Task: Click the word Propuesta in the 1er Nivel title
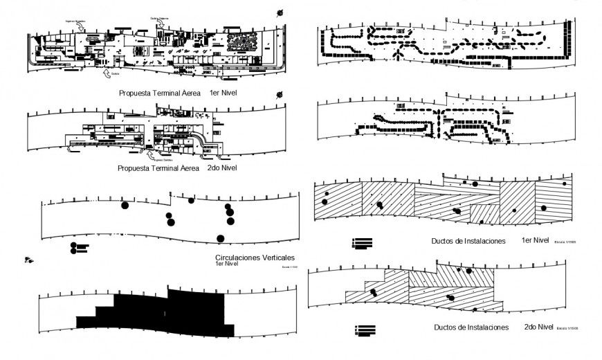point(136,92)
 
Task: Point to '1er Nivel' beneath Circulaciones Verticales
point(228,264)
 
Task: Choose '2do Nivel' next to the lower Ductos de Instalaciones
point(538,327)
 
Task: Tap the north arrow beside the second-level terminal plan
point(280,95)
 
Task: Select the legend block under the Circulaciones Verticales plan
point(77,247)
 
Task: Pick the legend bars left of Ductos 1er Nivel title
point(363,242)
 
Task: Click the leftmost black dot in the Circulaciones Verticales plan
point(125,205)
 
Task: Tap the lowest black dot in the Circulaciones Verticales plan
point(221,239)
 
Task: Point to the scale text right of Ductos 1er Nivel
point(567,242)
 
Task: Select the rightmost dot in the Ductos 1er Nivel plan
point(565,184)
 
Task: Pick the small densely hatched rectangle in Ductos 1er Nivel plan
point(484,214)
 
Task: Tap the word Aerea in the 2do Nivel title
point(186,168)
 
